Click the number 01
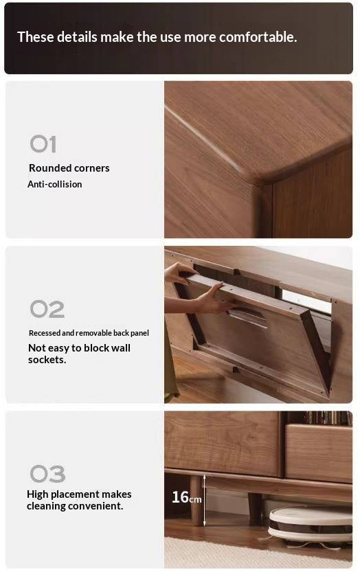[43, 144]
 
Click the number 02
[47, 310]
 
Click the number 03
[47, 474]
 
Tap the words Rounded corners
[69, 168]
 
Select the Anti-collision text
[54, 185]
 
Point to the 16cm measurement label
[186, 497]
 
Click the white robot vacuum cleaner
[310, 525]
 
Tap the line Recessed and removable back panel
[89, 333]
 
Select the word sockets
[47, 360]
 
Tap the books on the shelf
[327, 417]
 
